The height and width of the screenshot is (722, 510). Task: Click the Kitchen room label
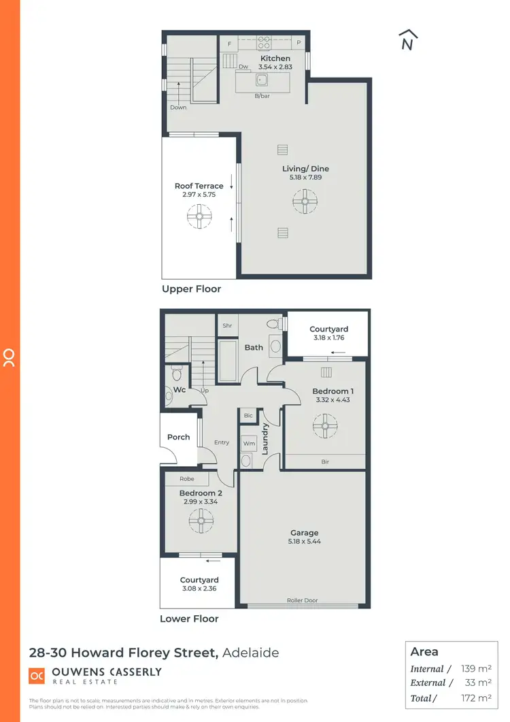pyautogui.click(x=275, y=59)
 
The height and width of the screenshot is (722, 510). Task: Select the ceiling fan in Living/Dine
pyautogui.click(x=305, y=201)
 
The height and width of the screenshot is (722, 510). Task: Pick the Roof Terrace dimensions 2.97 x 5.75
pyautogui.click(x=199, y=195)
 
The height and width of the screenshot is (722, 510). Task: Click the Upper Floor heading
pyautogui.click(x=191, y=289)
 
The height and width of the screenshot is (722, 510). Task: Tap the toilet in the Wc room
pyautogui.click(x=177, y=374)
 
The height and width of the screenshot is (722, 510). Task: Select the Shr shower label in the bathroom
pyautogui.click(x=227, y=325)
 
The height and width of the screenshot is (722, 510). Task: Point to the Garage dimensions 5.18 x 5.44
pyautogui.click(x=303, y=542)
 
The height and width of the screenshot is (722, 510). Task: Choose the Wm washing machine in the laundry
pyautogui.click(x=248, y=442)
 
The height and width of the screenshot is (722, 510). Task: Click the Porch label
pyautogui.click(x=178, y=437)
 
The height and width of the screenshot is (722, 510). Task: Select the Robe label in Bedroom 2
pyautogui.click(x=186, y=478)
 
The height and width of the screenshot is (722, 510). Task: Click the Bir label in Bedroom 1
pyautogui.click(x=325, y=461)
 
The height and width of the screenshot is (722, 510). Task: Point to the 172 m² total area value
pyautogui.click(x=475, y=698)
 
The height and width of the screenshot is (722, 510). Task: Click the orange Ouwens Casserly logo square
pyautogui.click(x=37, y=676)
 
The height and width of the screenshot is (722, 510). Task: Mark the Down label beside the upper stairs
pyautogui.click(x=178, y=108)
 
